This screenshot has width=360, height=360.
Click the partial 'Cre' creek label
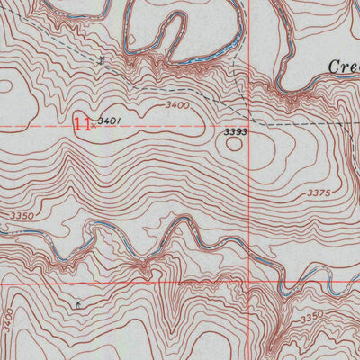(x=343, y=67)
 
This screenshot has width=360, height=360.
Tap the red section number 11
(x=82, y=123)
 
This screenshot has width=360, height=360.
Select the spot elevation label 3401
(x=110, y=120)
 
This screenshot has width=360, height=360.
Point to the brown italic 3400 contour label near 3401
(x=177, y=106)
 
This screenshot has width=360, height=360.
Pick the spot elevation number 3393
(x=235, y=131)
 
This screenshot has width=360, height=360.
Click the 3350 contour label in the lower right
(x=311, y=317)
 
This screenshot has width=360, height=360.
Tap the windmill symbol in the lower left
(x=79, y=305)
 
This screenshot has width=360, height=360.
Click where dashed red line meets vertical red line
(x=249, y=126)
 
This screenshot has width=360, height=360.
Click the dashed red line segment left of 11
(x=36, y=126)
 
